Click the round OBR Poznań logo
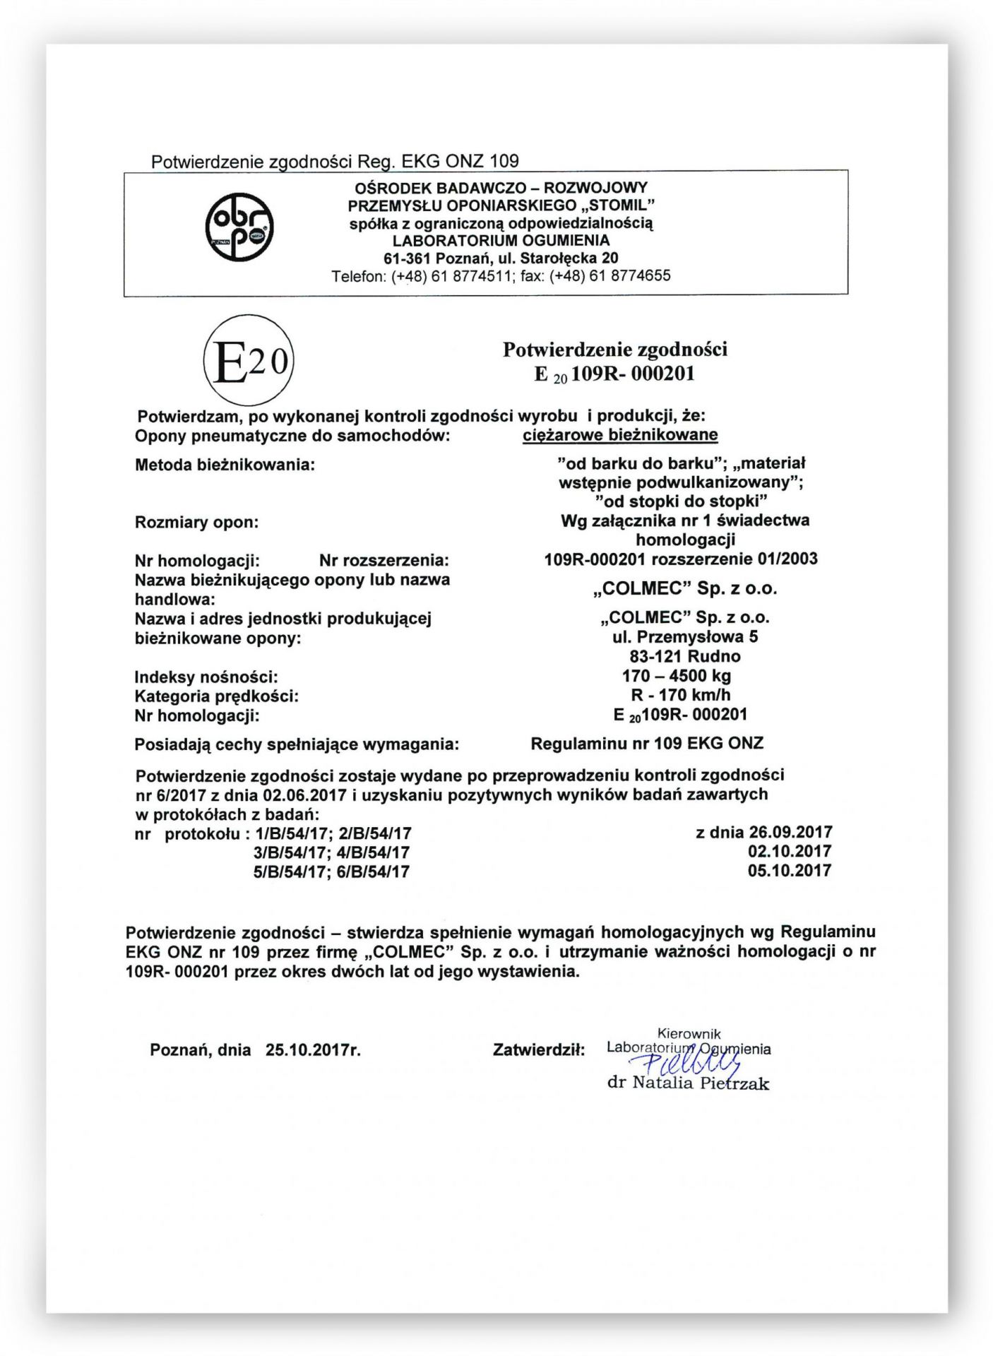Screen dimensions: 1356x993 tap(239, 227)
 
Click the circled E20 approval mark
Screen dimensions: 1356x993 tap(248, 361)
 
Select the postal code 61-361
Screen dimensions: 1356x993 tap(407, 258)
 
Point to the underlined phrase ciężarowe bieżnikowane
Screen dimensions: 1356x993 tap(619, 435)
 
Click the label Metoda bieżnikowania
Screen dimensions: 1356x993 tap(225, 465)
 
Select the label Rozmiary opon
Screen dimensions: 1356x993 tap(196, 523)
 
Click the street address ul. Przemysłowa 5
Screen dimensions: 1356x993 tap(684, 637)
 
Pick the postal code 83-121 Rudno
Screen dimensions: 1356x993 tap(684, 656)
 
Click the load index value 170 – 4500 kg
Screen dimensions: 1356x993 tap(676, 676)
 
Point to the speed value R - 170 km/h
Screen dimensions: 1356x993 tap(680, 695)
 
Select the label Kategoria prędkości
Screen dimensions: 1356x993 tap(216, 696)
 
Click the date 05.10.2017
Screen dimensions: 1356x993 tap(789, 871)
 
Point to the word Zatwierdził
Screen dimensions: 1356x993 tap(538, 1050)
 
